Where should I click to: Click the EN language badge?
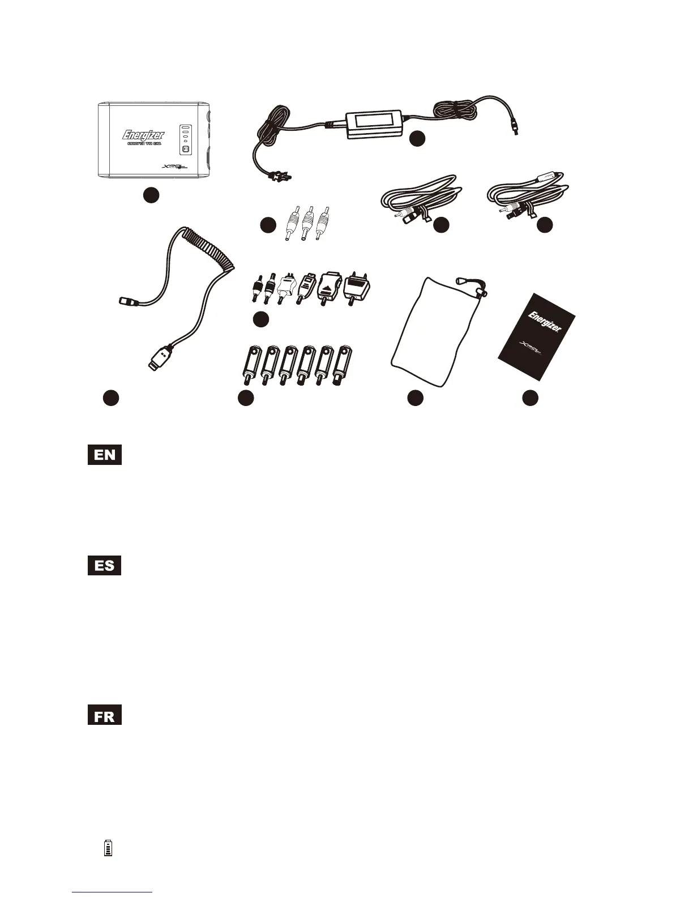tap(105, 455)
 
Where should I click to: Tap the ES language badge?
tap(105, 565)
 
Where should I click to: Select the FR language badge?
tap(105, 715)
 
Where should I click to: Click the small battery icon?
tap(108, 848)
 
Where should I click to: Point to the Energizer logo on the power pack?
tap(144, 135)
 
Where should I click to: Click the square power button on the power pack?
tap(185, 149)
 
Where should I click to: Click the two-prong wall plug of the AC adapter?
tap(279, 178)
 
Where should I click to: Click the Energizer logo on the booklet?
tap(544, 322)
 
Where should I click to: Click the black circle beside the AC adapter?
tap(418, 138)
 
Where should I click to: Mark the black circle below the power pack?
tap(150, 195)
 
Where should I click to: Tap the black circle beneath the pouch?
tap(416, 398)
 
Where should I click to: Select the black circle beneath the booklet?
tap(530, 398)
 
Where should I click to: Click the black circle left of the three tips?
tap(268, 225)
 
